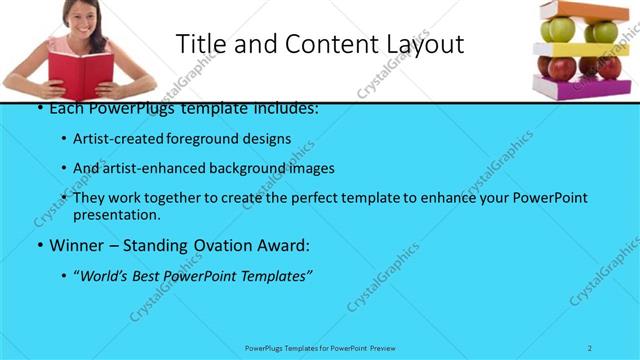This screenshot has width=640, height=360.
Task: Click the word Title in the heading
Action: (x=200, y=44)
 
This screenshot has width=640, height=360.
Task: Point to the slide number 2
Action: (x=590, y=347)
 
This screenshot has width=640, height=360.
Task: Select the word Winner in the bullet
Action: (x=76, y=244)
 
